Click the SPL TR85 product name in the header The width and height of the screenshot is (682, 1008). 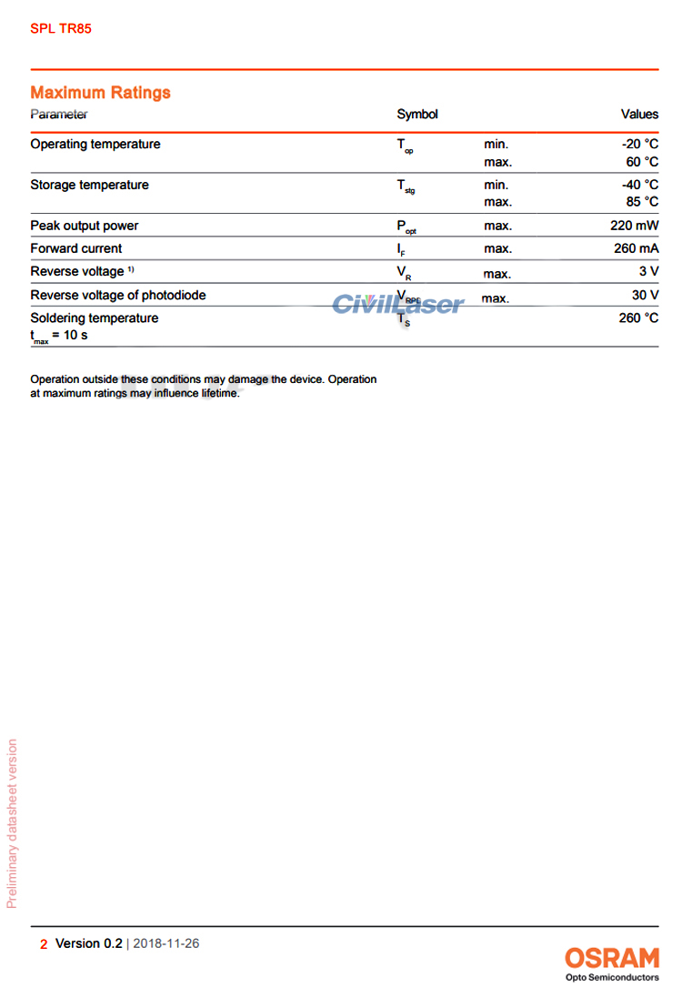(61, 28)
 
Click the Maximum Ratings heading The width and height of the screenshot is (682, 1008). (100, 93)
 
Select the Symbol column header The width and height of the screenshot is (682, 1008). (417, 115)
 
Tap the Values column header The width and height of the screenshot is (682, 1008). (639, 115)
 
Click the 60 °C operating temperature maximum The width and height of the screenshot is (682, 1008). (642, 162)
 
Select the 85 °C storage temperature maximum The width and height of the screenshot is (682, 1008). (642, 202)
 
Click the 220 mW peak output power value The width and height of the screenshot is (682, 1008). (635, 226)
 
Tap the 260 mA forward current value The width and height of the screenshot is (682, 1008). (635, 248)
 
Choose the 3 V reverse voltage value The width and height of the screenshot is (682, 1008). (648, 272)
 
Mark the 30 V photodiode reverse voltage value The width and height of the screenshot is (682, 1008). (645, 296)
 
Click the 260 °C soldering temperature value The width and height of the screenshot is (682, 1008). (638, 318)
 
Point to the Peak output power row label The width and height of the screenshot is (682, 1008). (85, 226)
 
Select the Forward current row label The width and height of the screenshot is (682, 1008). (76, 248)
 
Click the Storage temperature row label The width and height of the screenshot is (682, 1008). (89, 186)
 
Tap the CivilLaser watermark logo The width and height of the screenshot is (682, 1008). (397, 304)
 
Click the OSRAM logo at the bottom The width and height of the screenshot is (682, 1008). (612, 958)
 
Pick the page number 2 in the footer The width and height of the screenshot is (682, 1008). (44, 944)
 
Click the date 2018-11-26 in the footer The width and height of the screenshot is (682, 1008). (166, 943)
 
